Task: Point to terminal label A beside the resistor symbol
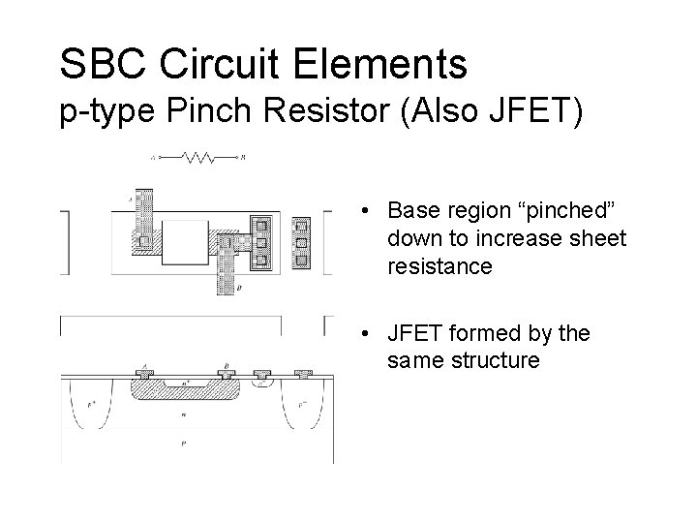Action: (153, 157)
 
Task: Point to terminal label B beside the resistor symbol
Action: (244, 157)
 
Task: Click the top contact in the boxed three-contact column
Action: (259, 225)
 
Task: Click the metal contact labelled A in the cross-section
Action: (144, 374)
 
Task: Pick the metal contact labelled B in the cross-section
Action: (226, 374)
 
